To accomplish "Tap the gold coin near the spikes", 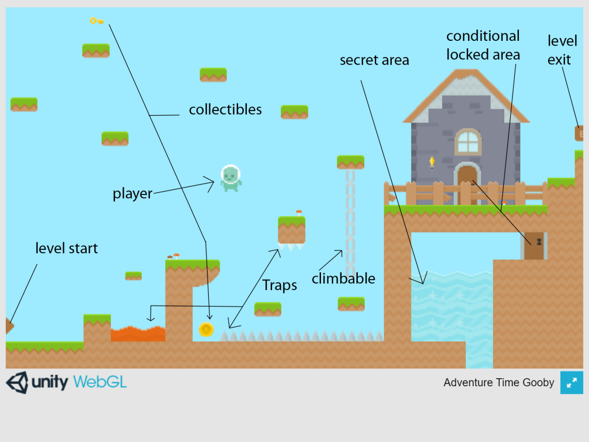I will coord(206,329).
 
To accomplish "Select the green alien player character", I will coord(231,177).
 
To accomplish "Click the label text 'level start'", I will coord(67,249).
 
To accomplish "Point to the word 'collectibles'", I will coord(225,109).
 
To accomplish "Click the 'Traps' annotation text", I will coord(280,285).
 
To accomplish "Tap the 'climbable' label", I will coord(343,279).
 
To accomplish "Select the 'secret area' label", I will coord(374,60).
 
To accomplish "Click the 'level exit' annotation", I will coord(559,50).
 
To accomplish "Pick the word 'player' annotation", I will coord(132,194).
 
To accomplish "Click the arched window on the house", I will coord(468,142).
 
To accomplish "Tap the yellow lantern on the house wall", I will coord(432,162).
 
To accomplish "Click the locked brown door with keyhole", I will coord(534,246).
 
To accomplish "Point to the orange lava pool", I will coord(138,334).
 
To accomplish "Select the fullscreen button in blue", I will coord(572,383).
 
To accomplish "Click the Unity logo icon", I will coord(17,382).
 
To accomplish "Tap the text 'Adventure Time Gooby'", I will coord(499,383).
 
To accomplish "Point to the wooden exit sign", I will coord(579,134).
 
